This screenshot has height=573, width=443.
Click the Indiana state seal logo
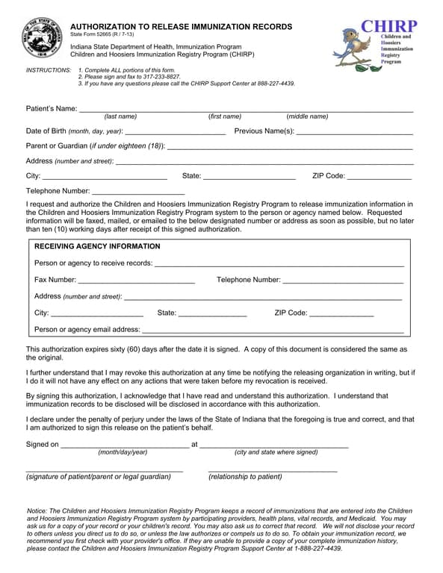[x=43, y=37]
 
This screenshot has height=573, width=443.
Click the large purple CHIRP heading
[x=388, y=26]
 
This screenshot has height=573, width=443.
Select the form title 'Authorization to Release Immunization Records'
[x=182, y=26]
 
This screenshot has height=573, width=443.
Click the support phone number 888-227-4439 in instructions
[x=273, y=84]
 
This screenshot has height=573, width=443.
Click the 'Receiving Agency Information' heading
[x=97, y=246]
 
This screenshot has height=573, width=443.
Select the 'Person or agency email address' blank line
[x=273, y=331]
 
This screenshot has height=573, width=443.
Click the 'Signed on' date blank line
[x=124, y=446]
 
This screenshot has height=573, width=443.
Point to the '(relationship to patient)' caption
[x=245, y=477]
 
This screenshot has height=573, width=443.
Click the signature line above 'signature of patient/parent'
[x=105, y=471]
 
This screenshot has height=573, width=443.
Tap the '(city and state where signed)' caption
[x=276, y=452]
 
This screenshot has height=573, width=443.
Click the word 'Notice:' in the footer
[x=37, y=511]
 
